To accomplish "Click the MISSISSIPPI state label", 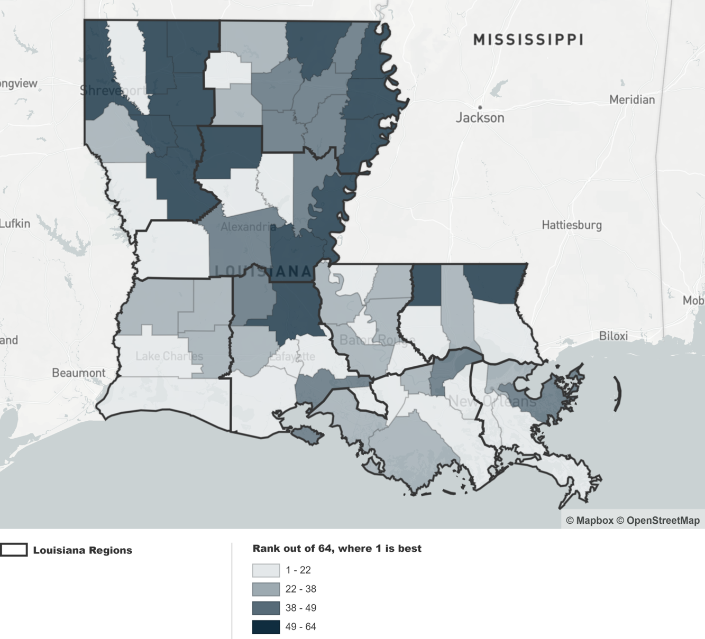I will [528, 40].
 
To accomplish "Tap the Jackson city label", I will [480, 118].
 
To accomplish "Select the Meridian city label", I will [631, 100].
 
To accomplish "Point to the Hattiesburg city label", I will [571, 225].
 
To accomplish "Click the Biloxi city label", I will [613, 336].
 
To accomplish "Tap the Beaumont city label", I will [78, 373].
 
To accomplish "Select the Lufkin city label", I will [15, 224].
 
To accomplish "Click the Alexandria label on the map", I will [248, 227].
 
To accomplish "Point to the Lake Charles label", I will [169, 356].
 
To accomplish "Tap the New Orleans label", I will [492, 402].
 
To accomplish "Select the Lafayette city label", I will [292, 356].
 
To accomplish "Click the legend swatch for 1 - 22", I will [265, 570].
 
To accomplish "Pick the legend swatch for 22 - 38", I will [265, 589].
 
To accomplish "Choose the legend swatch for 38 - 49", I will [265, 608].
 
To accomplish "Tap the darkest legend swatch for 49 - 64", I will [265, 627].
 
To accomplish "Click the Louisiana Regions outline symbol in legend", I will [14, 550].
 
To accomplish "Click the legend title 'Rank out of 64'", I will [336, 549].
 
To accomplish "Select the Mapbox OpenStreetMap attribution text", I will [633, 521].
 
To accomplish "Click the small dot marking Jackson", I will [480, 107].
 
